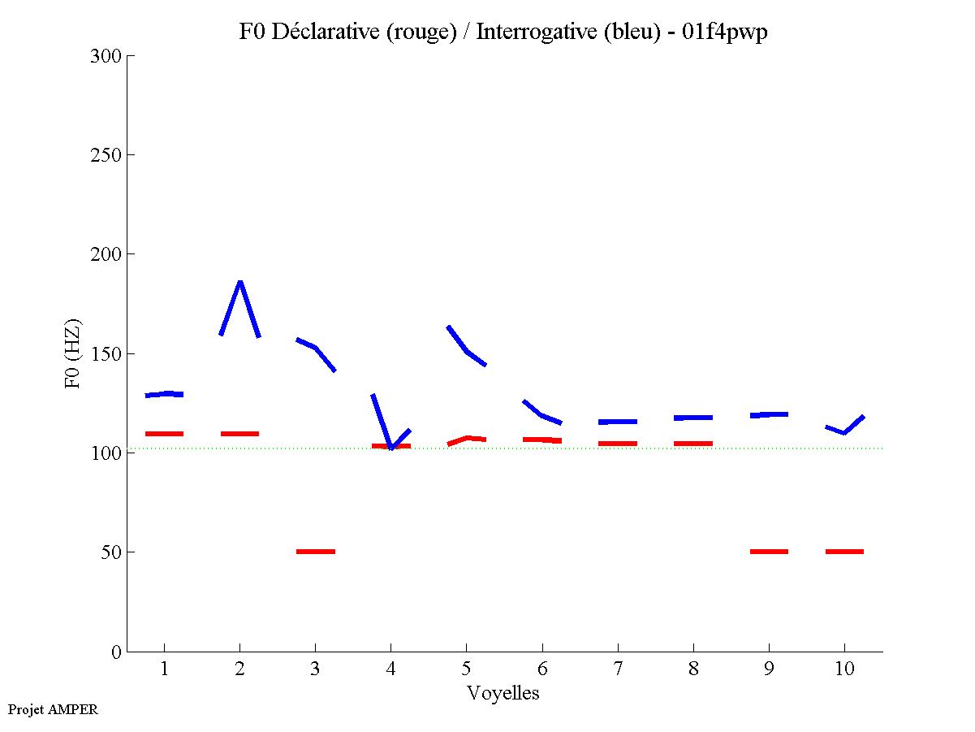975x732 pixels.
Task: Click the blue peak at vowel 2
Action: [x=239, y=283]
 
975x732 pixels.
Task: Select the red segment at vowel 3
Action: [x=316, y=552]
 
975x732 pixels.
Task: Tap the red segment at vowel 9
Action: [x=769, y=552]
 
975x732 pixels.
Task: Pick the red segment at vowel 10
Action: [x=844, y=552]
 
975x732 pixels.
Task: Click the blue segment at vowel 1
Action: [x=164, y=394]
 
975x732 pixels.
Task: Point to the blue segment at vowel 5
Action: [x=466, y=350]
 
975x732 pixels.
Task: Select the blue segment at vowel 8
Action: [x=693, y=418]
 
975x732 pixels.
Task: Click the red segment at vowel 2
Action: [x=239, y=434]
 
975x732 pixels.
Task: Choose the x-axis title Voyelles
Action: [x=503, y=693]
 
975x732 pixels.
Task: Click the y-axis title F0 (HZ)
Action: [x=74, y=354]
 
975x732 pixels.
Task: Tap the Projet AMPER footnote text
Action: [x=53, y=709]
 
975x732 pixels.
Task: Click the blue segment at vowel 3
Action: [x=316, y=349]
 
